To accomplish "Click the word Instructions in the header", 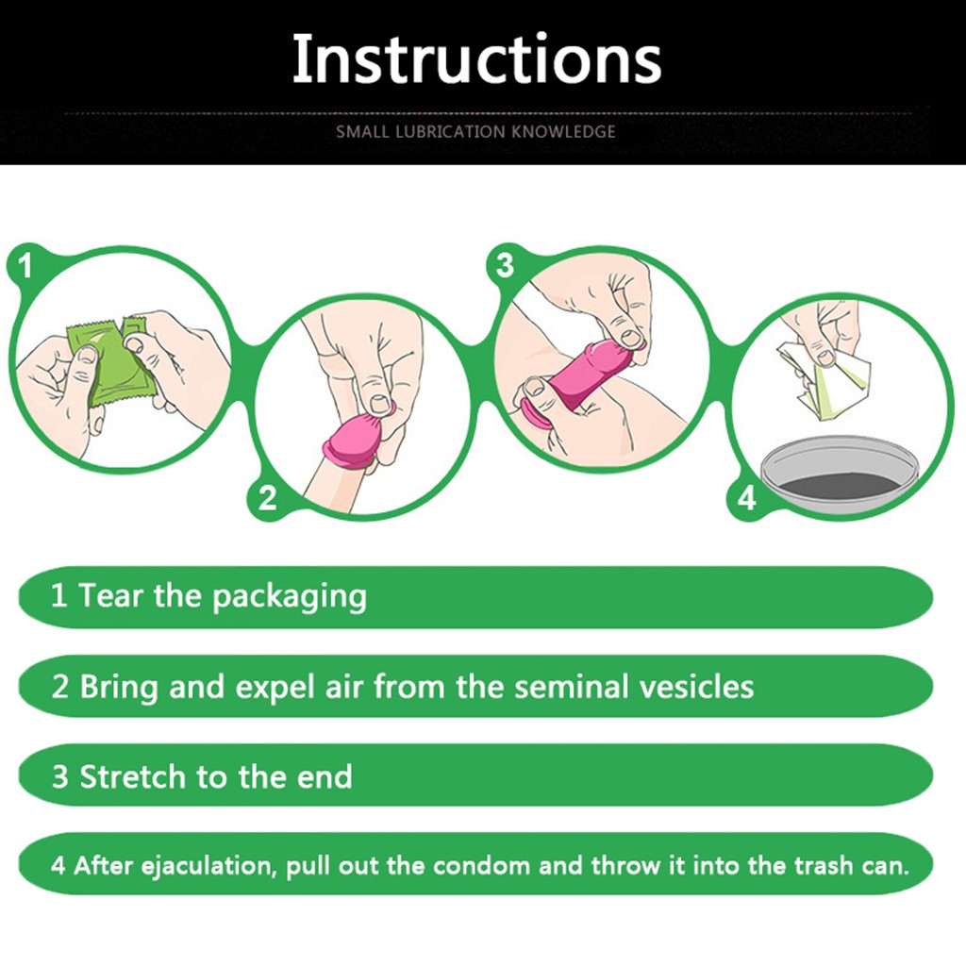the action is (476, 58).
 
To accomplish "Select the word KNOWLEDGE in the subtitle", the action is (564, 132).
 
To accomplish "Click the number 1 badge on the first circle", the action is (25, 266).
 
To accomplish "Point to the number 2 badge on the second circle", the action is (267, 498).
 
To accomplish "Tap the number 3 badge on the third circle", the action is (505, 265).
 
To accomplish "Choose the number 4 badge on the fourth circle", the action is (747, 498).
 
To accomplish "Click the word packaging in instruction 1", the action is (290, 597).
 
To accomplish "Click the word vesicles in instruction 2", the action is (696, 687).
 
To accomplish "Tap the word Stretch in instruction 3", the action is (132, 776).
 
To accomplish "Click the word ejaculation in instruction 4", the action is (207, 866).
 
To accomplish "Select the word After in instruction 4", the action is (102, 866).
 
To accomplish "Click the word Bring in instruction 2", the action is (119, 688).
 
